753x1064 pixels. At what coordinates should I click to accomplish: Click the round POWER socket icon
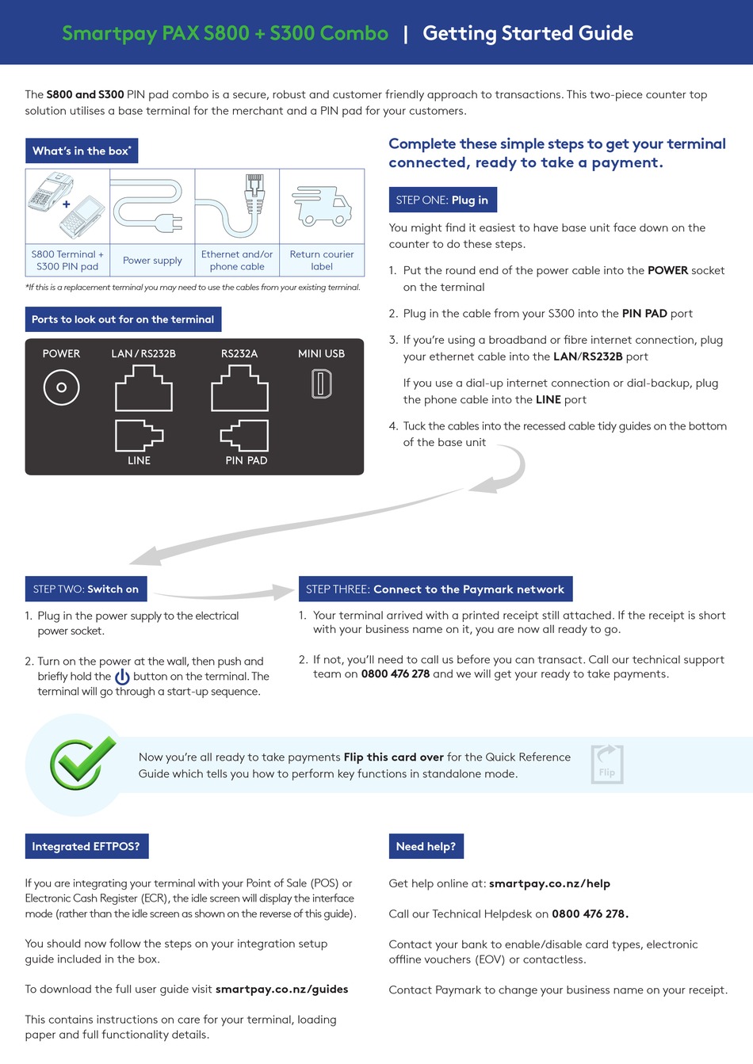[x=61, y=387]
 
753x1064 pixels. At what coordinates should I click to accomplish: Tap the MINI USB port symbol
[x=321, y=384]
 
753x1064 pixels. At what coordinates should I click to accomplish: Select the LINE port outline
[x=139, y=435]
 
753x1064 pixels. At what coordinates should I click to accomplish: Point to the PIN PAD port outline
[x=245, y=435]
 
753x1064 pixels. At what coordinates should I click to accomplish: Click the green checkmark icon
[x=81, y=764]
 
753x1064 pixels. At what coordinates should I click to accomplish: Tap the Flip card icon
[x=607, y=765]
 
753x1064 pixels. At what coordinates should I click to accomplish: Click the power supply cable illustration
[x=152, y=208]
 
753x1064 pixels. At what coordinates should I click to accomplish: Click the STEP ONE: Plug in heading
[x=442, y=200]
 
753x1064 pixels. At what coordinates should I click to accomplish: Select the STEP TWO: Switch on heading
[x=86, y=589]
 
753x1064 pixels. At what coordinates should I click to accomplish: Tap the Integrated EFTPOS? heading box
[x=86, y=846]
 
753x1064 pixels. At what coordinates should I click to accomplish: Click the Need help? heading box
[x=426, y=846]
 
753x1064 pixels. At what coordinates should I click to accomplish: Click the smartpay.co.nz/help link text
[x=549, y=883]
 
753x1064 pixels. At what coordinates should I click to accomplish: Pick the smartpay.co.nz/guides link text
[x=281, y=989]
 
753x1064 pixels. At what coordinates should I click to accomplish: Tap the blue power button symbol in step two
[x=122, y=677]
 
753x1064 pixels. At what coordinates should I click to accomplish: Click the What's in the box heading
[x=82, y=151]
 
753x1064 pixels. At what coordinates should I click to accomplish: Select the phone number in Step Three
[x=395, y=674]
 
